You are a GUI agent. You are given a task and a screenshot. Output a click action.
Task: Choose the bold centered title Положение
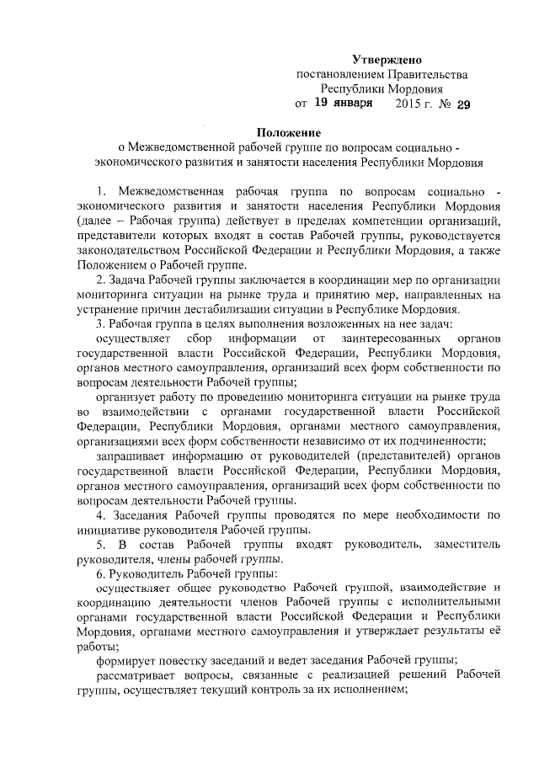point(290,131)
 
